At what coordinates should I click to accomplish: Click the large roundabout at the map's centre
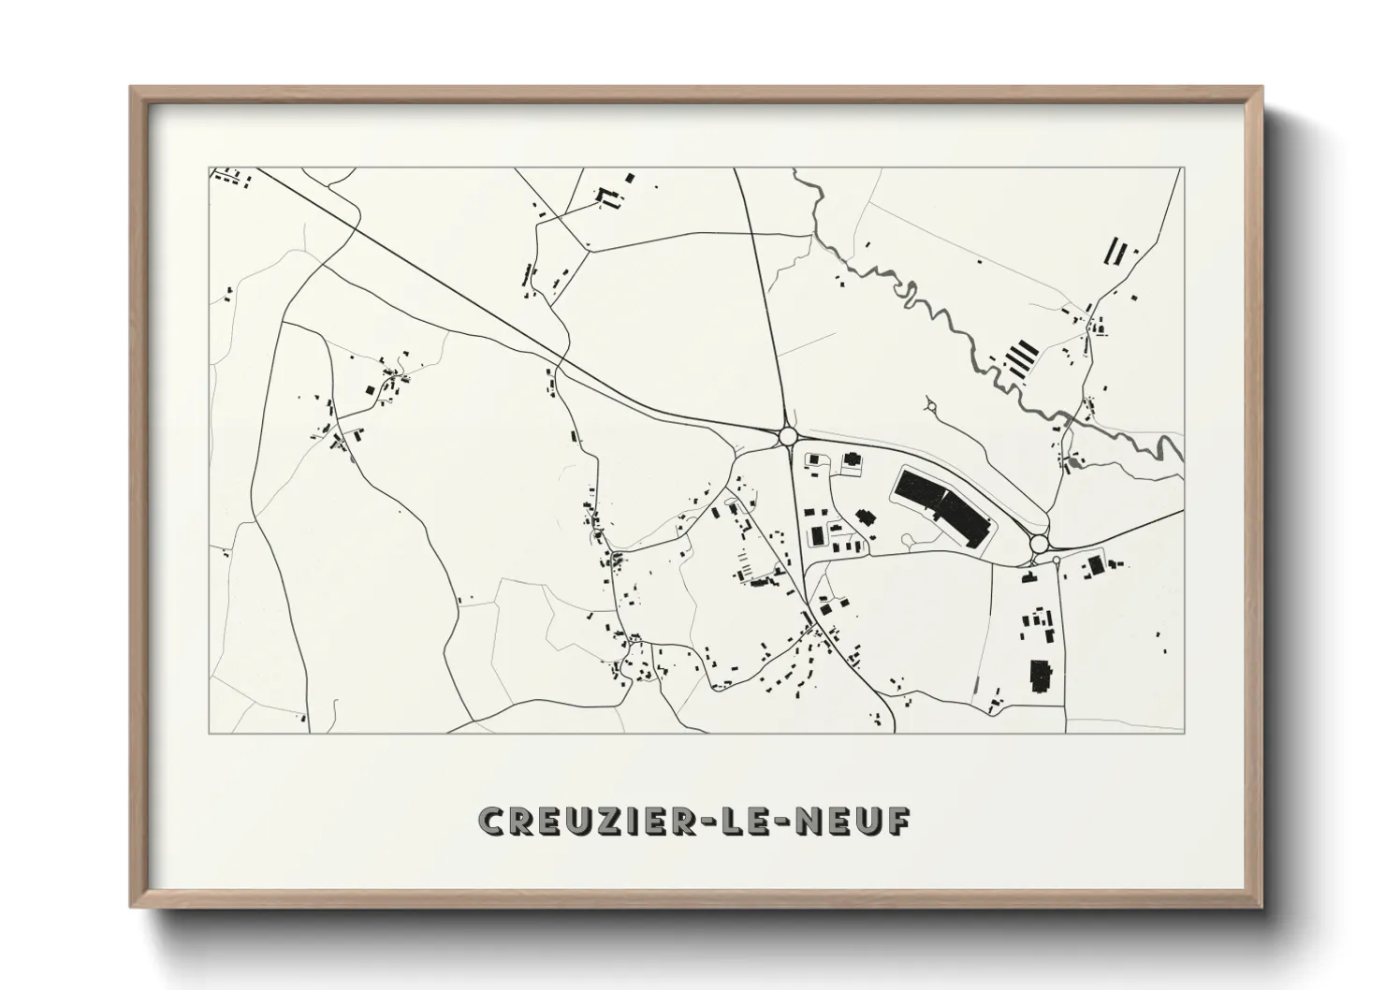click(787, 435)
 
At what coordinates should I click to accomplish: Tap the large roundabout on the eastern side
click(1038, 544)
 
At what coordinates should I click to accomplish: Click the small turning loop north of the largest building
click(931, 407)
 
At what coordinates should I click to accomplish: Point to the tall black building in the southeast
click(1039, 676)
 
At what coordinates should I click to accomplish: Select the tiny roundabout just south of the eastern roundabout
click(1057, 561)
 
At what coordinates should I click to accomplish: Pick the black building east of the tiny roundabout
click(1096, 566)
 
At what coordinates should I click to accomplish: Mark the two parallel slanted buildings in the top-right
click(1115, 251)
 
